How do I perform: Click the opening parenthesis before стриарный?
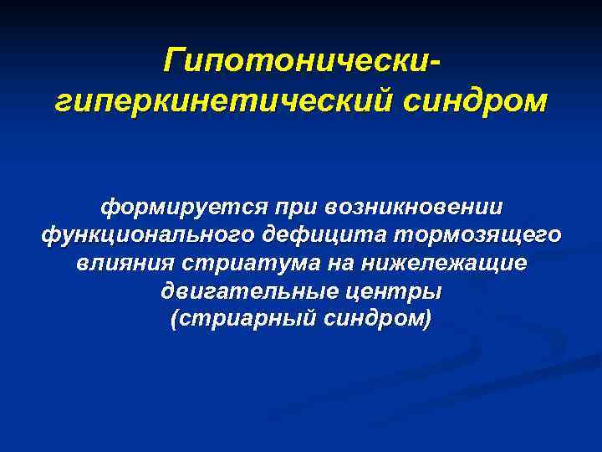(x=174, y=321)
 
